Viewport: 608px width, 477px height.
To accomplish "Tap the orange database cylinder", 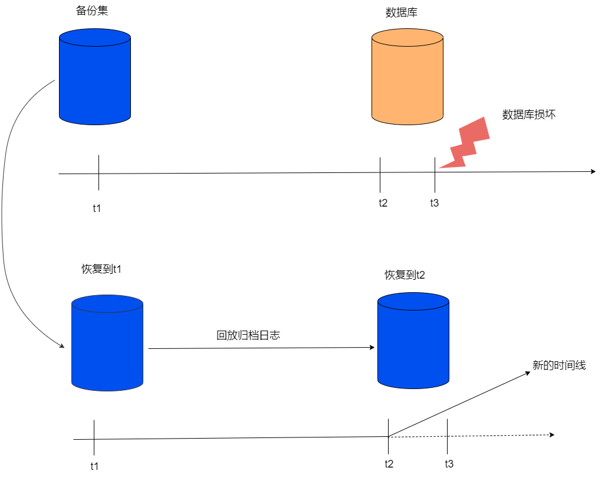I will pyautogui.click(x=407, y=77).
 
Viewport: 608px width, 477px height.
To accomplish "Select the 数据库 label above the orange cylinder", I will pyautogui.click(x=401, y=12).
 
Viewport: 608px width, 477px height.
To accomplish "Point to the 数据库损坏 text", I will pyautogui.click(x=528, y=115).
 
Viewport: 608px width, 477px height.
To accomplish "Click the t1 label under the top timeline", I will pyautogui.click(x=97, y=208).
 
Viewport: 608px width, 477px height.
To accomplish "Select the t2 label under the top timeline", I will pyautogui.click(x=383, y=202).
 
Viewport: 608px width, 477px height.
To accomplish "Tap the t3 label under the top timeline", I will pyautogui.click(x=435, y=202).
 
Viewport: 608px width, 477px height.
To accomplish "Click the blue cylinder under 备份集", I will pyautogui.click(x=94, y=77).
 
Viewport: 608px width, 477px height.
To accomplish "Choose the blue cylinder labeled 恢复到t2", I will pyautogui.click(x=413, y=341).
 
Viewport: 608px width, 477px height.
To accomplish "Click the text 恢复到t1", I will pyautogui.click(x=101, y=269).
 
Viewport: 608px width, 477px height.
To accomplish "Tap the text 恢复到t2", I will pyautogui.click(x=405, y=275).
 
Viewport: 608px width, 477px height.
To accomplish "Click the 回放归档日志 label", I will pyautogui.click(x=248, y=336).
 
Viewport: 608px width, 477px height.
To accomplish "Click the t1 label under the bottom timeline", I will pyautogui.click(x=94, y=466).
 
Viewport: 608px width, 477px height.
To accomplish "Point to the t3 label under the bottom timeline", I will pyautogui.click(x=449, y=463).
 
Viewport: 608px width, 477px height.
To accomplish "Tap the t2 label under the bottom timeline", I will pyautogui.click(x=389, y=463).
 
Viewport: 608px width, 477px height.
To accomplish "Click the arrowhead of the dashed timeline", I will pyautogui.click(x=551, y=434).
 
